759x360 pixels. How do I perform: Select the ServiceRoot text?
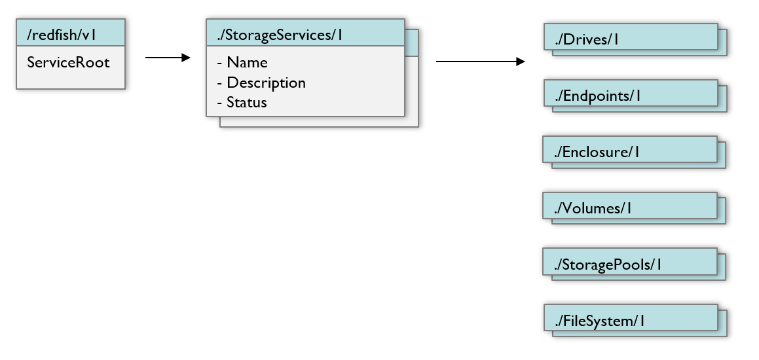tap(68, 63)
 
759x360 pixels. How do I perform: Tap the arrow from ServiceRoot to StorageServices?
tap(167, 58)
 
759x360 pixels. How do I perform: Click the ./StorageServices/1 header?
tap(305, 33)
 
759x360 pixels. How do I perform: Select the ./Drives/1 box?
tap(631, 38)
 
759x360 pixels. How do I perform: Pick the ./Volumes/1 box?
tap(630, 207)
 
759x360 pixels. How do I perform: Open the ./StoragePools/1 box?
tap(630, 264)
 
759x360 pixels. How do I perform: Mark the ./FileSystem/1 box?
tap(631, 320)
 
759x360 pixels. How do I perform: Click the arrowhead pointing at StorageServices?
tap(185, 58)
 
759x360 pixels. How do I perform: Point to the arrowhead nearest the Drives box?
tap(521, 62)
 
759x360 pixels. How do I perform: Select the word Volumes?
tap(591, 208)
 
